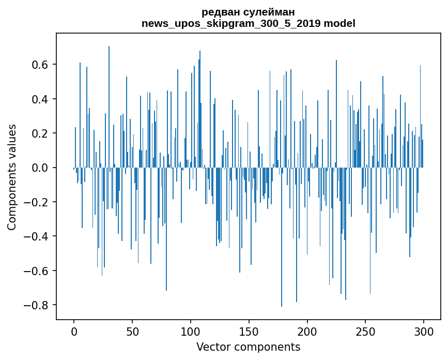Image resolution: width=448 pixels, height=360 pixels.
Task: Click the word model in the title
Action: tap(339, 23)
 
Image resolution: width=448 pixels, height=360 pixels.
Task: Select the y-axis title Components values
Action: tap(12, 177)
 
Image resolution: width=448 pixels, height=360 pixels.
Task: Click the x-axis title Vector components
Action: tap(248, 347)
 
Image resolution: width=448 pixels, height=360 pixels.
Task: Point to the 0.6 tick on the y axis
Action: tap(42, 65)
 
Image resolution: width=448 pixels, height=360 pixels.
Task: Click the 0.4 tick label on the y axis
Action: tap(42, 99)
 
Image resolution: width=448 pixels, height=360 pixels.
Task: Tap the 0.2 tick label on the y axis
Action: tap(42, 133)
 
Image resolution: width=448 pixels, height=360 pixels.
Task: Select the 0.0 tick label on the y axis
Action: tap(42, 168)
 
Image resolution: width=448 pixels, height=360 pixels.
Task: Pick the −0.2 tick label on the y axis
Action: tap(38, 202)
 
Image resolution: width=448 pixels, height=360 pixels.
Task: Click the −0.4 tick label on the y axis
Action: tap(38, 236)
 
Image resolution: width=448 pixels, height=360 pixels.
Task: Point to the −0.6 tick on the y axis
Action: tap(38, 271)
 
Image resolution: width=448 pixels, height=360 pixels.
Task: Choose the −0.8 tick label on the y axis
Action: tap(38, 305)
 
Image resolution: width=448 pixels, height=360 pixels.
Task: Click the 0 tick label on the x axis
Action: tap(74, 331)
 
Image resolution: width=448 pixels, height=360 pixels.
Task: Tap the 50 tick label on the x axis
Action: tap(132, 331)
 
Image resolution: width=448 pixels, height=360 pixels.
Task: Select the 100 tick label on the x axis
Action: tap(191, 331)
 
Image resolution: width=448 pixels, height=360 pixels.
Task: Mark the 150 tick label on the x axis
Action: tap(249, 331)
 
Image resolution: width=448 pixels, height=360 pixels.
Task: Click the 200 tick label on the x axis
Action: tap(307, 331)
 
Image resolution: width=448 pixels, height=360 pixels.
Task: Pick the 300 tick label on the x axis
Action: tap(424, 331)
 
